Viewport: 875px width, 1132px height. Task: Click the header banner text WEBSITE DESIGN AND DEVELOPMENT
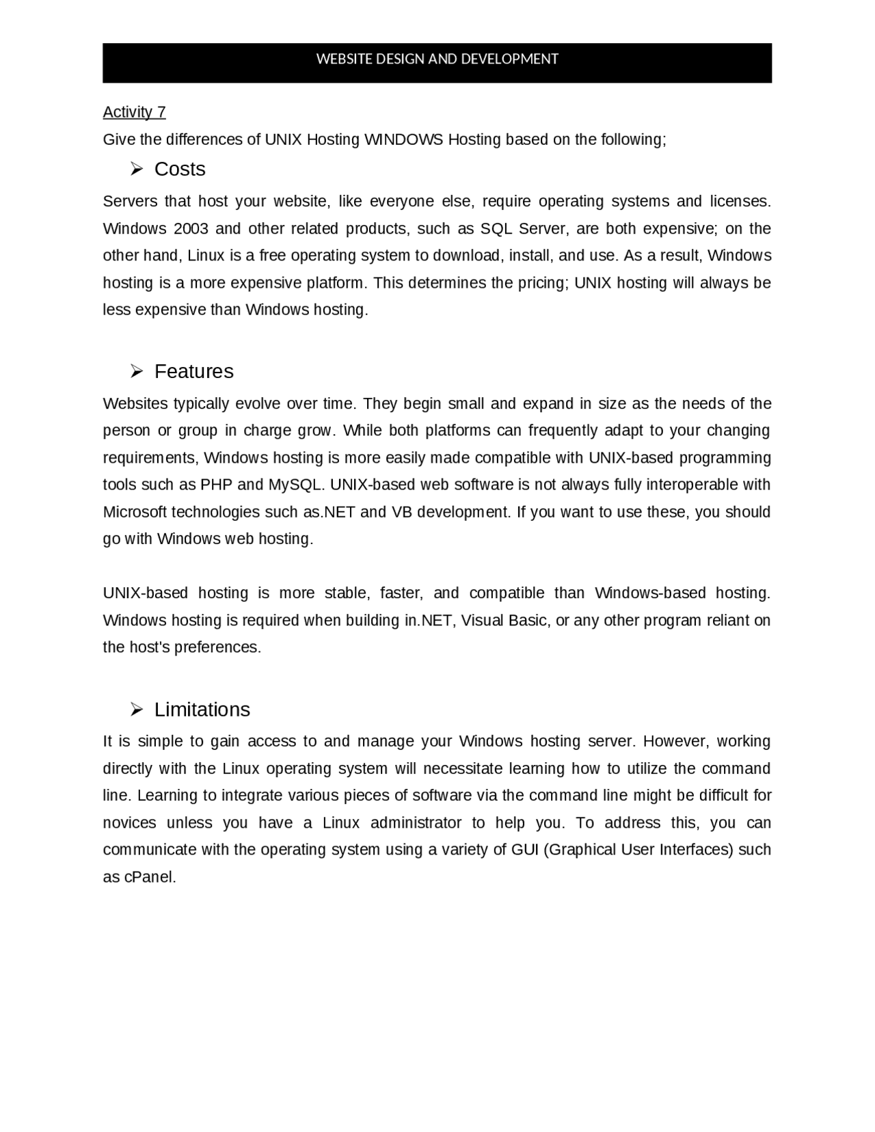click(x=437, y=59)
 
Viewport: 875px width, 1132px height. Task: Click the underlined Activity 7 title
click(x=134, y=112)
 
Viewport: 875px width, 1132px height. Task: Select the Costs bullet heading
click(x=180, y=169)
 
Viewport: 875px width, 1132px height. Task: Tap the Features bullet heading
click(x=193, y=371)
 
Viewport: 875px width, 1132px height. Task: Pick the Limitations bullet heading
click(x=202, y=710)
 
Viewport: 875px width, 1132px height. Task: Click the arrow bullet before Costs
click(x=136, y=169)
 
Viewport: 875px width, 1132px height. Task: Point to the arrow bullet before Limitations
click(x=136, y=710)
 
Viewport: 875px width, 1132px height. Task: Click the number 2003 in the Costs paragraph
click(x=191, y=228)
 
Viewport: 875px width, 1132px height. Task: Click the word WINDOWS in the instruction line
click(x=403, y=139)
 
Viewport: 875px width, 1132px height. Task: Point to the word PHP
click(x=216, y=485)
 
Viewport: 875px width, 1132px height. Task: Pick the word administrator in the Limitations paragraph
click(x=416, y=822)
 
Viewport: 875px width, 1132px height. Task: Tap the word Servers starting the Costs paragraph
click(x=130, y=201)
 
